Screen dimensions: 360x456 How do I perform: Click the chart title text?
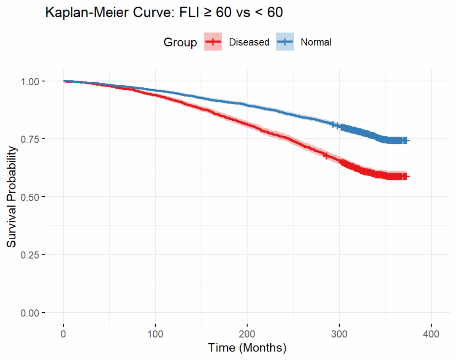tap(164, 13)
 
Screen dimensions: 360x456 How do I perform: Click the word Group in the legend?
tap(180, 42)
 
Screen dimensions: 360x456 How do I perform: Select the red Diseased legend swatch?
tap(213, 42)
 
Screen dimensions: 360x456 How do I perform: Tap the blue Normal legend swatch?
tap(285, 42)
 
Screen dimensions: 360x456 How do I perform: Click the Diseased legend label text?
tap(249, 42)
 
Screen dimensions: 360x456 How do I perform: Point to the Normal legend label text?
tap(316, 42)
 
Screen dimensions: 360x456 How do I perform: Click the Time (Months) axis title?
tap(247, 348)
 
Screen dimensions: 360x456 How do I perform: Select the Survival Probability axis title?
tap(13, 197)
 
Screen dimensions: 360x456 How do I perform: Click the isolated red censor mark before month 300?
tap(326, 155)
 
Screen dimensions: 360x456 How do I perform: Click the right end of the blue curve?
tap(408, 140)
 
